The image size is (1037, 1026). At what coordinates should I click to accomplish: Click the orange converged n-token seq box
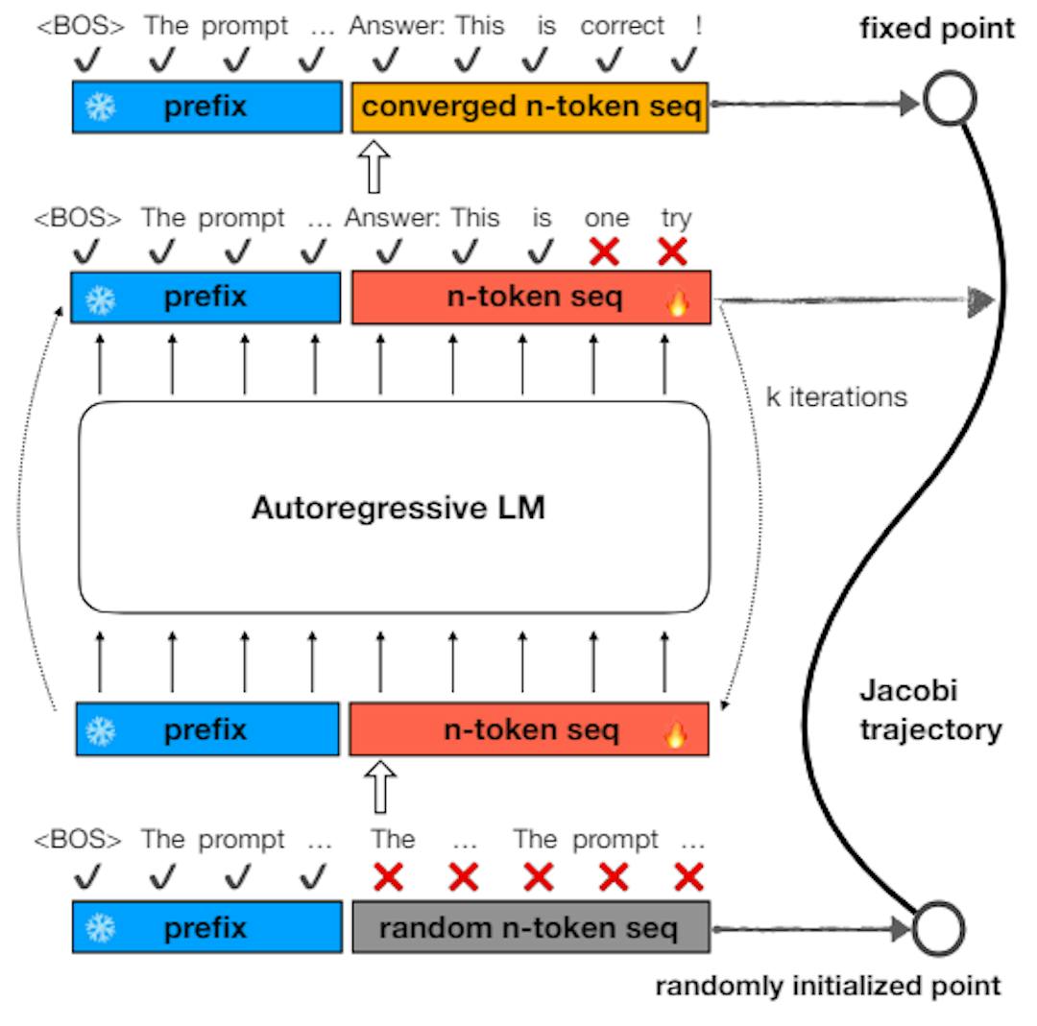pyautogui.click(x=530, y=107)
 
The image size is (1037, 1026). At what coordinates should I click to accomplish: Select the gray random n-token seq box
pyautogui.click(x=530, y=928)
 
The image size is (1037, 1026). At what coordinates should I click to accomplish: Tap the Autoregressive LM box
pyautogui.click(x=395, y=507)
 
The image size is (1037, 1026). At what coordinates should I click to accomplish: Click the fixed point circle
pyautogui.click(x=950, y=100)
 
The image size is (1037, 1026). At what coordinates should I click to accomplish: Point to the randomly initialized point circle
pyautogui.click(x=937, y=928)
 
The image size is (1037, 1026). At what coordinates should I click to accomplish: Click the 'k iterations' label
pyautogui.click(x=836, y=396)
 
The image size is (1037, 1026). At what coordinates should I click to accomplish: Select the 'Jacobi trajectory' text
pyautogui.click(x=929, y=710)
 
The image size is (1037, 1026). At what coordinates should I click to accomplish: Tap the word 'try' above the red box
pyautogui.click(x=676, y=219)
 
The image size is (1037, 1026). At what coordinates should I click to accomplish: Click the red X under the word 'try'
pyautogui.click(x=673, y=252)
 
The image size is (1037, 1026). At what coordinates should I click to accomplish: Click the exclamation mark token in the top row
pyautogui.click(x=698, y=27)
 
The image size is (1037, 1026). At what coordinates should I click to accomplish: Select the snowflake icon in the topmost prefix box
pyautogui.click(x=99, y=107)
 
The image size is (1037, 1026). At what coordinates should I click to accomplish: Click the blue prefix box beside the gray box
pyautogui.click(x=207, y=928)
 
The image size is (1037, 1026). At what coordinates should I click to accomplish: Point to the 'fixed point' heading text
pyautogui.click(x=936, y=29)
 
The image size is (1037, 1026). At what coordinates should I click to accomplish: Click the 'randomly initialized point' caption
pyautogui.click(x=828, y=986)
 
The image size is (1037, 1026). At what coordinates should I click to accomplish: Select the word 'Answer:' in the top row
pyautogui.click(x=398, y=27)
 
